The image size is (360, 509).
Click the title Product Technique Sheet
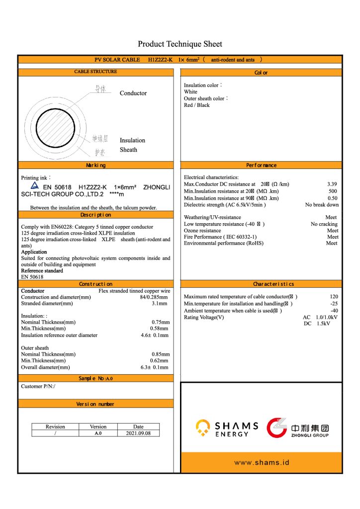180,44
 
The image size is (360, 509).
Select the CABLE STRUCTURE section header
96,72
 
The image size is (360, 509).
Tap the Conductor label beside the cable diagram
133,93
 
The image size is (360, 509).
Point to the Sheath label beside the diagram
128,150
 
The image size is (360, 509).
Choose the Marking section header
96,165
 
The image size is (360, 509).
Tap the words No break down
322,205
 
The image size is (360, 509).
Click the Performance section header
261,165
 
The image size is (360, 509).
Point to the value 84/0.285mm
154,297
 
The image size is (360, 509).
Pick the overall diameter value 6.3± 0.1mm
154,367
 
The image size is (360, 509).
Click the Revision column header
55,426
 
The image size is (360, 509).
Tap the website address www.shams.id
262,463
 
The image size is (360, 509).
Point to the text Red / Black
197,105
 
